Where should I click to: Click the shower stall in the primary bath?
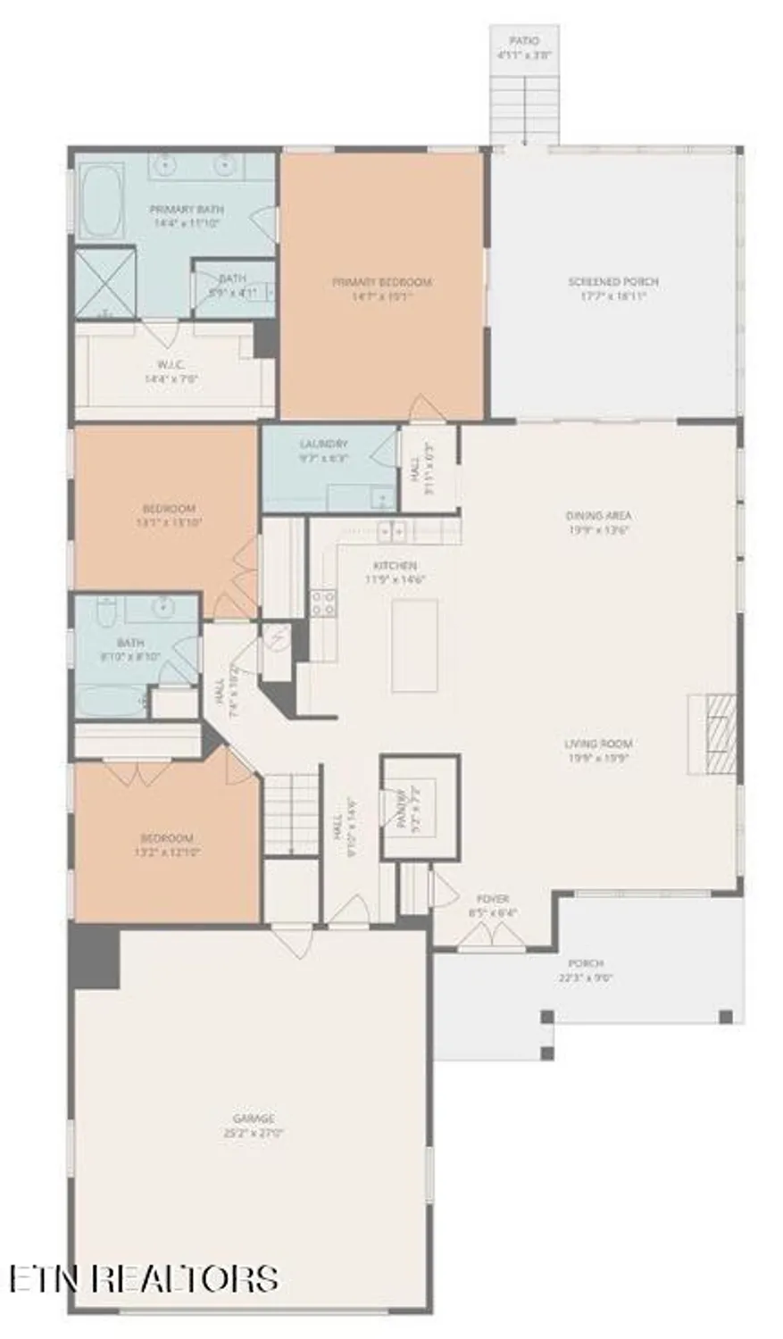pyautogui.click(x=105, y=283)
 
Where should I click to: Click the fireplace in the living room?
pyautogui.click(x=712, y=734)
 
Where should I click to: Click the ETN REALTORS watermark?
pyautogui.click(x=143, y=1277)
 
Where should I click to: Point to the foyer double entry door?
pyautogui.click(x=493, y=935)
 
